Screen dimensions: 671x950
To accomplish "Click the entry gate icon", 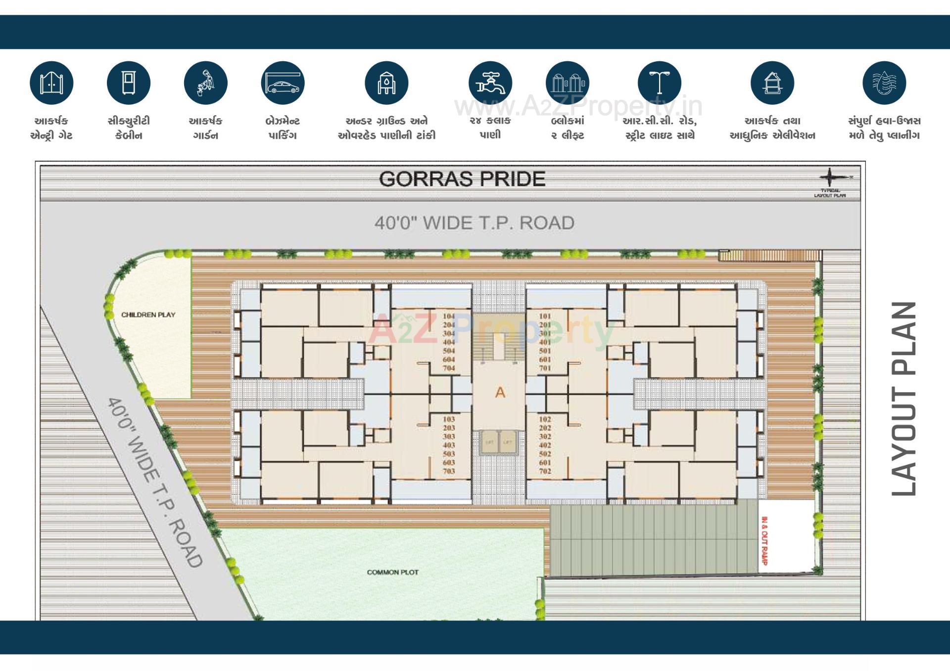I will point(51,83).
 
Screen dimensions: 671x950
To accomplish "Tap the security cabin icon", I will point(129,83).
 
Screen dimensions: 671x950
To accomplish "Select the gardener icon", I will point(206,83).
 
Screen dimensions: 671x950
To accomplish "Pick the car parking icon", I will point(283,83).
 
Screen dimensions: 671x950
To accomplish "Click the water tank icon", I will point(386,83).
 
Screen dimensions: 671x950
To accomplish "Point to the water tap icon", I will point(490,83).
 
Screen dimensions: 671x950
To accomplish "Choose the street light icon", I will point(659,83).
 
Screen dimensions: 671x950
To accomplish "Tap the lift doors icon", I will point(568,83).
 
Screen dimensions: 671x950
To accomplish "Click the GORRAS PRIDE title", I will point(462,179).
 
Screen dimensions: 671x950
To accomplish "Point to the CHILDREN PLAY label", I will point(148,314).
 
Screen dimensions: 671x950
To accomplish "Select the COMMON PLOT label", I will point(393,572).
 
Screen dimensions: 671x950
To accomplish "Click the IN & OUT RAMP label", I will point(764,541).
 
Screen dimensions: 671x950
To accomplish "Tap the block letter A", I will point(500,393).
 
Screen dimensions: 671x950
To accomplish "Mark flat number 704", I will point(449,368).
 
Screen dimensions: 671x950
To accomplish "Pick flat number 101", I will point(545,316).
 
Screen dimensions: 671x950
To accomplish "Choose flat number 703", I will point(449,471).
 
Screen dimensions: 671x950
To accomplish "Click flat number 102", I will point(545,419).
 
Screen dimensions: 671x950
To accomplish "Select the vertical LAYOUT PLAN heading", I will point(903,399).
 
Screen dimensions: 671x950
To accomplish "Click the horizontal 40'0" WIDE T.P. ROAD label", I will point(474,223).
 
